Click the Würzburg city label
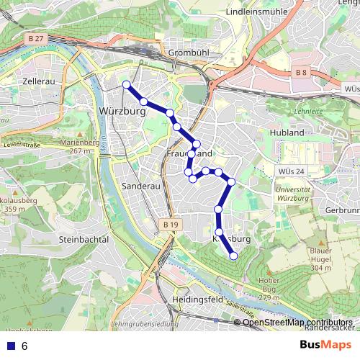pyautogui.click(x=121, y=112)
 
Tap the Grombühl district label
pyautogui.click(x=187, y=53)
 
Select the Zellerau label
pyautogui.click(x=40, y=82)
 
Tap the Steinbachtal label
pyautogui.click(x=84, y=239)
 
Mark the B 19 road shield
pyautogui.click(x=170, y=225)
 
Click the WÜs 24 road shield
pyautogui.click(x=289, y=171)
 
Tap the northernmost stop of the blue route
pyautogui.click(x=127, y=85)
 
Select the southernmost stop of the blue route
pyautogui.click(x=233, y=256)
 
